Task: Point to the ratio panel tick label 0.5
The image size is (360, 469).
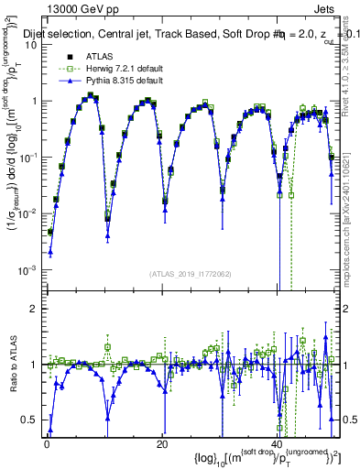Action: [30, 420]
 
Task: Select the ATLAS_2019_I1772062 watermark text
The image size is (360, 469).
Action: [189, 274]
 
